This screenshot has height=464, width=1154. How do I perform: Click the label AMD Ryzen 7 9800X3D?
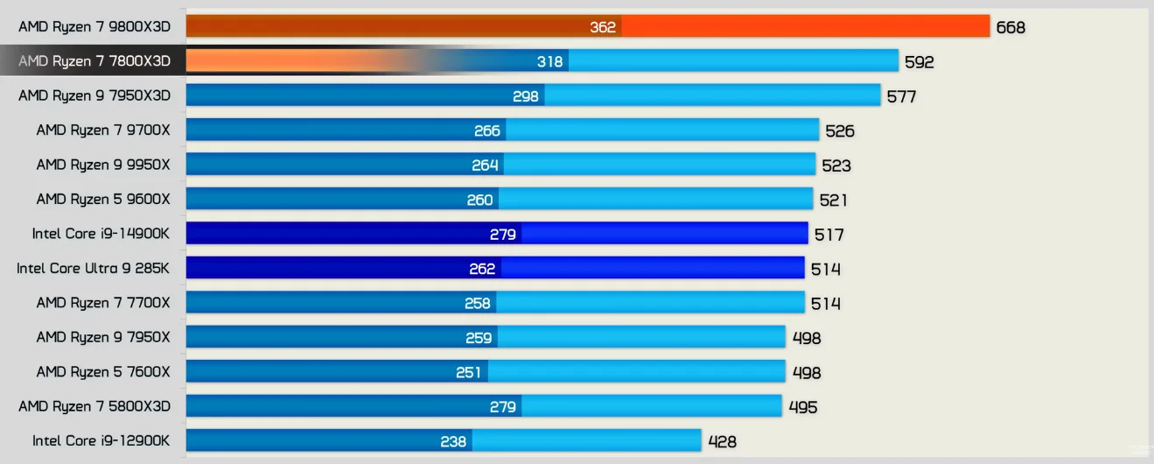(94, 27)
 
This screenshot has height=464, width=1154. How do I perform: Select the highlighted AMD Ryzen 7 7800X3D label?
(94, 61)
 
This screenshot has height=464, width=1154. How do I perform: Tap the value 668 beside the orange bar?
(1011, 27)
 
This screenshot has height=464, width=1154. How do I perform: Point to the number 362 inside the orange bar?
(603, 27)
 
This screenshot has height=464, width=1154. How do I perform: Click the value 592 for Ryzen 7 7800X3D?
(920, 62)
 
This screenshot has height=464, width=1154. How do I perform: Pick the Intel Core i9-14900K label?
(101, 234)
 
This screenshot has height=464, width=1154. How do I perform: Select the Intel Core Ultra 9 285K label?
(94, 268)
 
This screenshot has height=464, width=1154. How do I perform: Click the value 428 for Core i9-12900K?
(722, 441)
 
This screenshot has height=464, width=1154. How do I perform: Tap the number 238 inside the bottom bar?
(453, 441)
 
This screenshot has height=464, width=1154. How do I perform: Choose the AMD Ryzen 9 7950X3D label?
(94, 95)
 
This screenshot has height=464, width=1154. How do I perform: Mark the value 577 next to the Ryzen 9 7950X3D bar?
(901, 96)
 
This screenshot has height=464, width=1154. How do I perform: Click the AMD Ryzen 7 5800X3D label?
(94, 406)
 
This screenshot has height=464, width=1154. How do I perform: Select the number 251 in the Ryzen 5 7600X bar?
(469, 372)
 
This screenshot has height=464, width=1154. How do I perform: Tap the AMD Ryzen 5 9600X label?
(103, 199)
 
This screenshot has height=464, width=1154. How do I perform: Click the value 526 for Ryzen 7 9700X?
(839, 131)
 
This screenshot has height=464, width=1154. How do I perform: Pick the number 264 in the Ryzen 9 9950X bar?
(485, 165)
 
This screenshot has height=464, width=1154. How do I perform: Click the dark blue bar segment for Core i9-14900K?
(350, 234)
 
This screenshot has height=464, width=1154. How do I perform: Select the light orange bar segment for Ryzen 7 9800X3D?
(805, 27)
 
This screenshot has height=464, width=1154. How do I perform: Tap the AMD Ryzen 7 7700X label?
(103, 303)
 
